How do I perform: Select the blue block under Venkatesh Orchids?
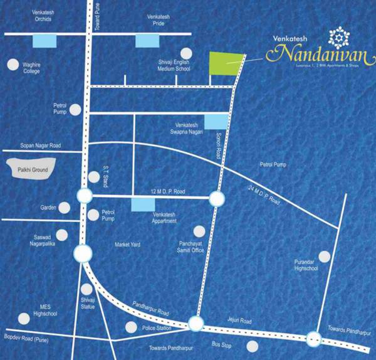point(44,41)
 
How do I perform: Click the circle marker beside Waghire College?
point(12,64)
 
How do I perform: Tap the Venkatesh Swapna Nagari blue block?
point(217,121)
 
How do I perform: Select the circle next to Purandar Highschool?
point(325,256)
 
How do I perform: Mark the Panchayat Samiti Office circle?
point(199,231)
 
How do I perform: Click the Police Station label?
point(156,328)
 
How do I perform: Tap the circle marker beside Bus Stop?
point(252,346)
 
